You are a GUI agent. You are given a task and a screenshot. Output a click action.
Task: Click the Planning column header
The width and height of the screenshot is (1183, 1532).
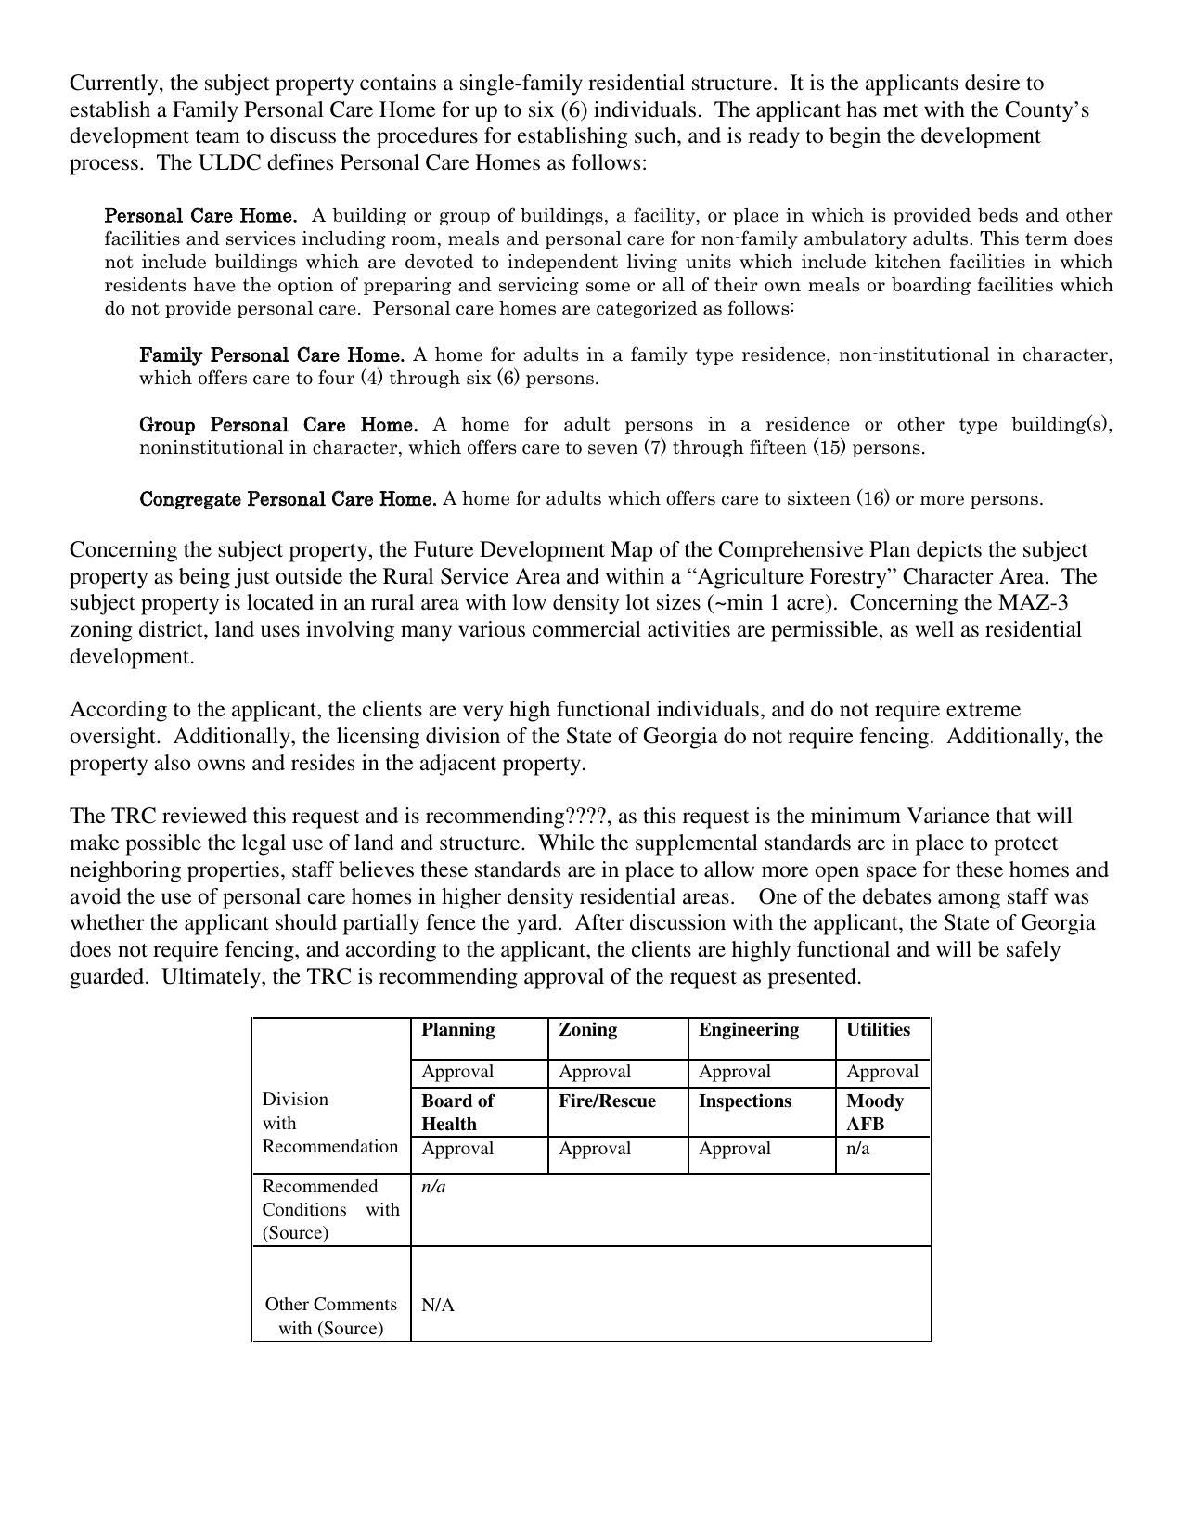457,1029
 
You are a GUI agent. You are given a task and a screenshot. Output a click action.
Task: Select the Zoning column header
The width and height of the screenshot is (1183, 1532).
587,1029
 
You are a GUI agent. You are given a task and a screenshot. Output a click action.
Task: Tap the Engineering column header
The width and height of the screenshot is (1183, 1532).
748,1029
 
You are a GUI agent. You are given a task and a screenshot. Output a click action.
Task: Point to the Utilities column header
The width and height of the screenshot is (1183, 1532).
877,1029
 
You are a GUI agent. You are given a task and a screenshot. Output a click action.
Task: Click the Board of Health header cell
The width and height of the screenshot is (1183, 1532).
457,1112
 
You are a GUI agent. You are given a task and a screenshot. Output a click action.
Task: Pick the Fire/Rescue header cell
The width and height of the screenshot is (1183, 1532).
607,1101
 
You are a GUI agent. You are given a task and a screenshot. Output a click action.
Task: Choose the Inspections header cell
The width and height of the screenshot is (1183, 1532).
744,1101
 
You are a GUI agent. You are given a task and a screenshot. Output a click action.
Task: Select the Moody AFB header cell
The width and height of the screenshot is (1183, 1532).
874,1112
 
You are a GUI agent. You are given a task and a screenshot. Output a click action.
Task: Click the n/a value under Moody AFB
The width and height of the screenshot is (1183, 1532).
857,1148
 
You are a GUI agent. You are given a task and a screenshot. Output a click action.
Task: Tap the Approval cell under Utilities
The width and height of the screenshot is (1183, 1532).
881,1071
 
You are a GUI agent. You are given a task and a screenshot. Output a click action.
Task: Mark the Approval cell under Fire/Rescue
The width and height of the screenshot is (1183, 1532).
595,1148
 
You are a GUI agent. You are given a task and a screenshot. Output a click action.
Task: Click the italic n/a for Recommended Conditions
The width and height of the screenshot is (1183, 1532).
433,1186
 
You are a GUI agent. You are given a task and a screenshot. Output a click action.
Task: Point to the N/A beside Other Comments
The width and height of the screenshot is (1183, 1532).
438,1305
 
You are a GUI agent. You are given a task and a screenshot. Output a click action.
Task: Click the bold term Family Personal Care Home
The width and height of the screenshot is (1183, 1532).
272,355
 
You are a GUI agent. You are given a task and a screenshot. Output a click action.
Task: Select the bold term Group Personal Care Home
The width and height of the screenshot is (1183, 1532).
278,425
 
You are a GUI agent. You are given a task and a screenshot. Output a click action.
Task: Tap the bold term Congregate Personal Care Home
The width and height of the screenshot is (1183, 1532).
288,499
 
